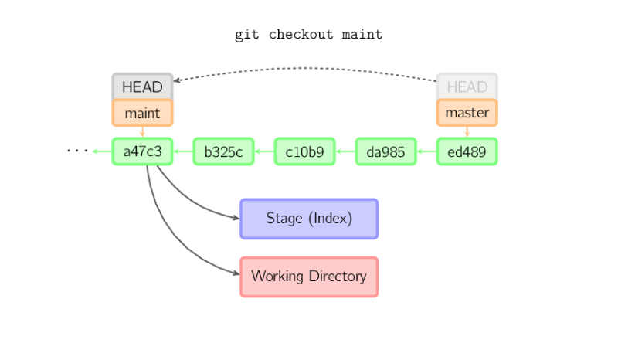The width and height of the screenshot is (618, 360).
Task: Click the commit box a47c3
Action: pos(143,151)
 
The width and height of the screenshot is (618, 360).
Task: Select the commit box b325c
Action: pos(224,151)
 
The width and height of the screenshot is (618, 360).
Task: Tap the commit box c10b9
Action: pos(305,151)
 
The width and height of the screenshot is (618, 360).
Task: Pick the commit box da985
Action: pos(386,151)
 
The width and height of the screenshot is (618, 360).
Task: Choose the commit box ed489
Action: pos(467,151)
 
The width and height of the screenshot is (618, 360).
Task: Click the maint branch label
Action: pos(143,113)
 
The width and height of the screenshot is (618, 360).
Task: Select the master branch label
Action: pos(467,113)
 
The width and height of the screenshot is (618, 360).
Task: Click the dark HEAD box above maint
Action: pos(143,87)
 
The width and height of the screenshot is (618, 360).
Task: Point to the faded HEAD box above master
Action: pos(467,87)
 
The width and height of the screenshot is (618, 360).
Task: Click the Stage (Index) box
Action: pos(309,219)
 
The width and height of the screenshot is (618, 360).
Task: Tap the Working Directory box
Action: pos(309,277)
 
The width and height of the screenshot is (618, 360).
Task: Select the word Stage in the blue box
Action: pos(284,219)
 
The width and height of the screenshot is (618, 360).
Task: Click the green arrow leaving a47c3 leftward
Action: pos(101,151)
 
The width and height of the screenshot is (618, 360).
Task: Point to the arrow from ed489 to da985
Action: pos(426,151)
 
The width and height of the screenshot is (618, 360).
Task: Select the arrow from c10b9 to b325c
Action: pos(264,151)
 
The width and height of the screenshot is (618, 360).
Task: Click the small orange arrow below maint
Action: pos(143,132)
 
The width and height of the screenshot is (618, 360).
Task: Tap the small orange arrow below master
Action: pos(467,132)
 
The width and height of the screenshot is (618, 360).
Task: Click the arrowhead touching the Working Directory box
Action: pos(234,273)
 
